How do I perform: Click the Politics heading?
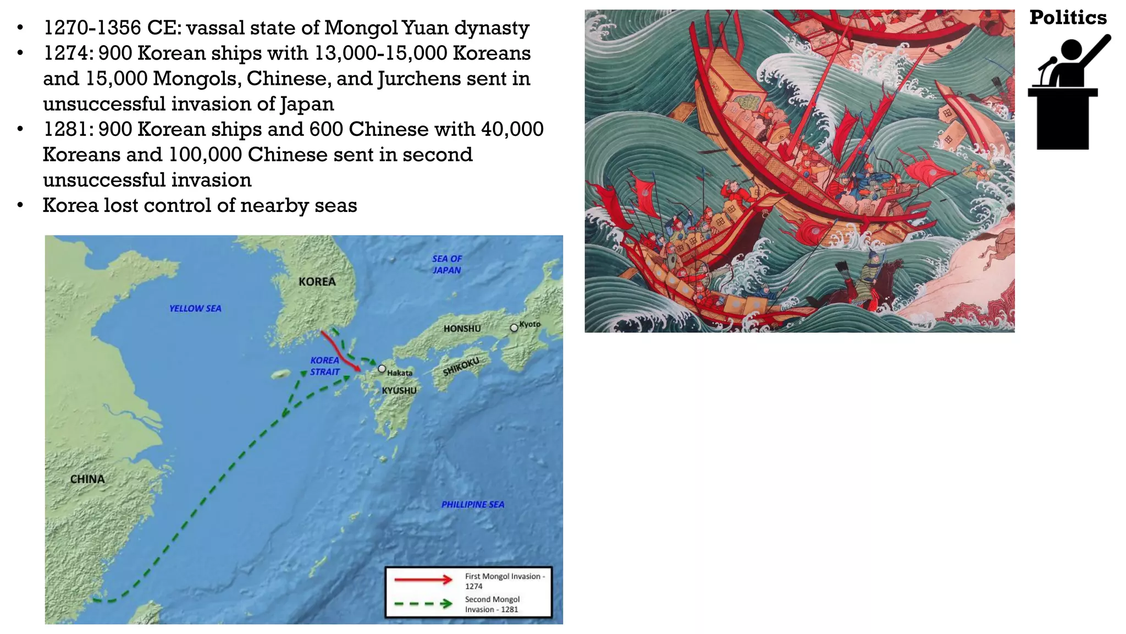pyautogui.click(x=1068, y=18)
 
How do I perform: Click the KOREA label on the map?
pyautogui.click(x=317, y=282)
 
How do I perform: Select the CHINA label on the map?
pyautogui.click(x=87, y=479)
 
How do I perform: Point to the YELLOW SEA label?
pyautogui.click(x=195, y=309)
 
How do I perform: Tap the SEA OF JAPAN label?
pyautogui.click(x=446, y=264)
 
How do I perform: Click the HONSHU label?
pyautogui.click(x=462, y=329)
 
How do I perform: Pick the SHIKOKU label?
pyautogui.click(x=461, y=366)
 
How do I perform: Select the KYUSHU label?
pyautogui.click(x=399, y=391)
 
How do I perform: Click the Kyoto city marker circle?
pyautogui.click(x=514, y=327)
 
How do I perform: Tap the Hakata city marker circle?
pyautogui.click(x=382, y=369)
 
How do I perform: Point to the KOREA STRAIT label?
pyautogui.click(x=324, y=366)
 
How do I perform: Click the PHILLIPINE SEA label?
pyautogui.click(x=473, y=505)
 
